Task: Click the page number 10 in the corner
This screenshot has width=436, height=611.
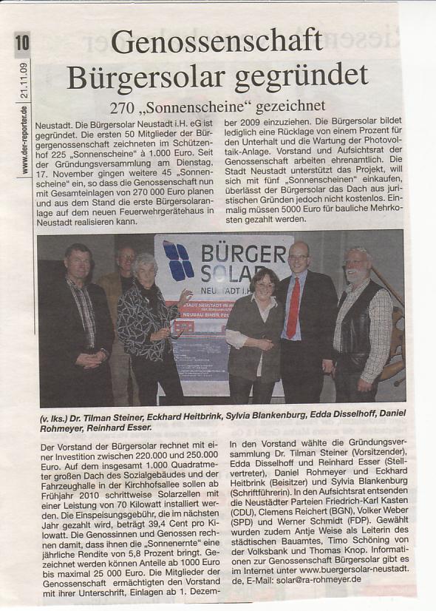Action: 22,44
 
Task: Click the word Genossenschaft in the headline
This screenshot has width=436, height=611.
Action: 217,42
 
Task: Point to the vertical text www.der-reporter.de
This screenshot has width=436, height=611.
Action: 24,141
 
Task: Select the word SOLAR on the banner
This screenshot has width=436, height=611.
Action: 236,273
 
